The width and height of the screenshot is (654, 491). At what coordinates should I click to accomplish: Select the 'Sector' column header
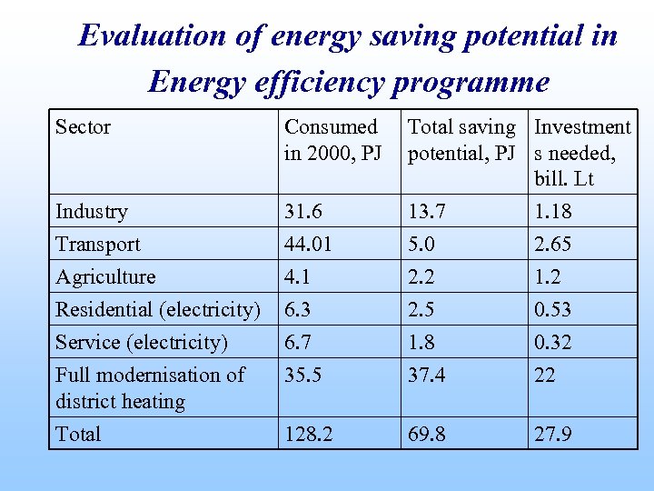click(83, 127)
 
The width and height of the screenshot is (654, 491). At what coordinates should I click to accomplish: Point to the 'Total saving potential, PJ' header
click(461, 140)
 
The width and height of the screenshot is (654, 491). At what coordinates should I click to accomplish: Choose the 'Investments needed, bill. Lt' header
click(582, 153)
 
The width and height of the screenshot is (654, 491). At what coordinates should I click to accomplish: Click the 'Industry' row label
click(92, 212)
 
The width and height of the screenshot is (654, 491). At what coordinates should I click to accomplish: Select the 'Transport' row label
click(98, 245)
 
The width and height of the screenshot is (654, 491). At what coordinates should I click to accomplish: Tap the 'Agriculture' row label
click(105, 277)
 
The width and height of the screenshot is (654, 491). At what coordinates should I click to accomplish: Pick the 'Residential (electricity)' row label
click(158, 310)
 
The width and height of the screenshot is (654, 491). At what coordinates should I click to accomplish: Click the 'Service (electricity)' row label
click(142, 343)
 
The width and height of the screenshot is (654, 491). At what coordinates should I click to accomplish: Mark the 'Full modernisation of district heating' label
click(150, 388)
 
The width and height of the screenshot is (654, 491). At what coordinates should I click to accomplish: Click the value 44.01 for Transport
click(309, 245)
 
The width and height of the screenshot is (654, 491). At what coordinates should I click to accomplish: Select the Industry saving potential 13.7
click(427, 212)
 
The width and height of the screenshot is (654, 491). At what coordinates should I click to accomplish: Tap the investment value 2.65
click(553, 245)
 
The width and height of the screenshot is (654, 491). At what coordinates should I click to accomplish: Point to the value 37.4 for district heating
click(427, 376)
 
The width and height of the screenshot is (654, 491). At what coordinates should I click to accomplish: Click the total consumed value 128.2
click(309, 435)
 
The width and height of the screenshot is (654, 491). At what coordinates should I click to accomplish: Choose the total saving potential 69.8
click(427, 435)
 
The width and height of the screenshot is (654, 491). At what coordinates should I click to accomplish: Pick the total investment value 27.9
click(553, 435)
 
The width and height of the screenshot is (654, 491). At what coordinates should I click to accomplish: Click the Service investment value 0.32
click(553, 343)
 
